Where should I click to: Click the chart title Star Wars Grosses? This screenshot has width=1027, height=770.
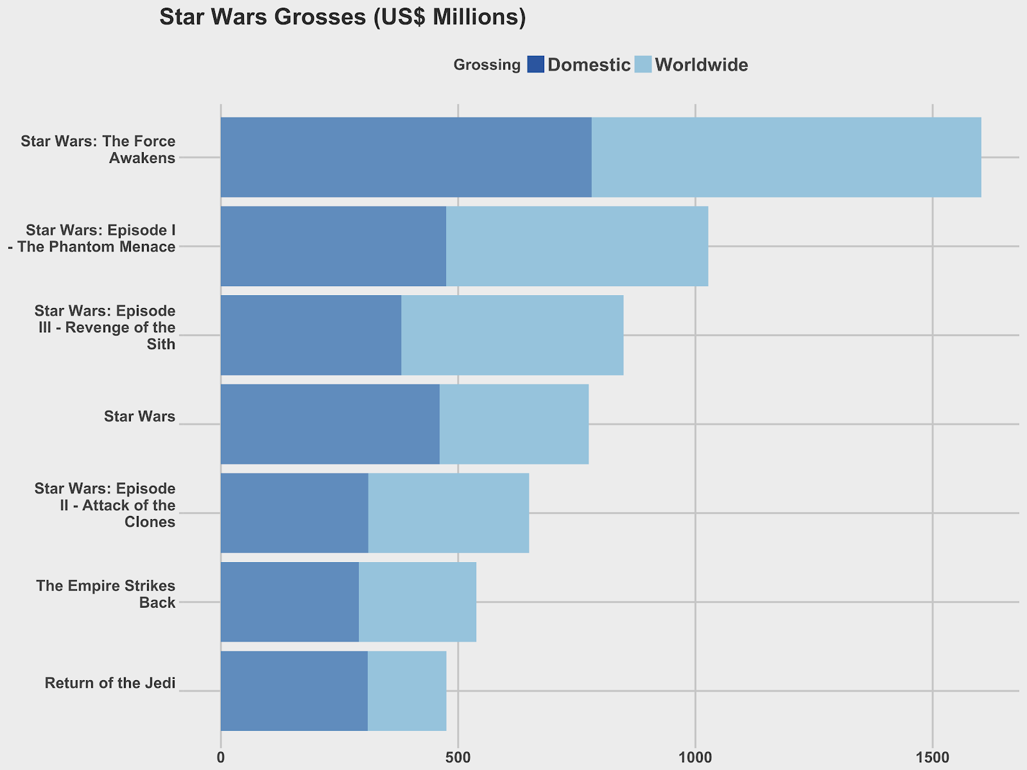point(342,18)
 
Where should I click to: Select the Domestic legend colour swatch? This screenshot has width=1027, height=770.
point(535,65)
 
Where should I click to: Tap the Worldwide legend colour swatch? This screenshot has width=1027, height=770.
point(643,65)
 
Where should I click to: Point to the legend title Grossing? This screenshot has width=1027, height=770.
point(487,65)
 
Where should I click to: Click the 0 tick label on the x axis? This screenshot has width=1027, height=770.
point(221,758)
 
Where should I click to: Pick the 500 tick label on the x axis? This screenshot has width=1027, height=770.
point(458,758)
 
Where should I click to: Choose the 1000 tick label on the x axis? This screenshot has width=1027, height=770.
point(695,758)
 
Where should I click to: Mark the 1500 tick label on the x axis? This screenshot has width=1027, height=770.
point(932,758)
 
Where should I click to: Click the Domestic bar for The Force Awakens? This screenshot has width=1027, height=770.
point(406,157)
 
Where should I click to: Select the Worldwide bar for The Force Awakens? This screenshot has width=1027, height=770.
point(786,157)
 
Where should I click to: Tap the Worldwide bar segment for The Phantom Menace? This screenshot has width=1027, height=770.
point(577,246)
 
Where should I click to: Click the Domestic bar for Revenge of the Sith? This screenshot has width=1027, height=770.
point(311,335)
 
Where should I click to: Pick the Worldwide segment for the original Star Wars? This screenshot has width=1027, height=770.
point(514,424)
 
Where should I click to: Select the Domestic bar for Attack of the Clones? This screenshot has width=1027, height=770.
point(295,513)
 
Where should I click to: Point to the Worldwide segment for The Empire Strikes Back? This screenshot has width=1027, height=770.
point(417,602)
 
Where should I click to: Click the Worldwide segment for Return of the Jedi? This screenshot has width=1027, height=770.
point(407,691)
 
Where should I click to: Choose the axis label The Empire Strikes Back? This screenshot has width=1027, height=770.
point(106,594)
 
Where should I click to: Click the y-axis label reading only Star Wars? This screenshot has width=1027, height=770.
point(139,417)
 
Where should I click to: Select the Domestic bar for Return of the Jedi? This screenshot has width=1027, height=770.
point(294,691)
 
